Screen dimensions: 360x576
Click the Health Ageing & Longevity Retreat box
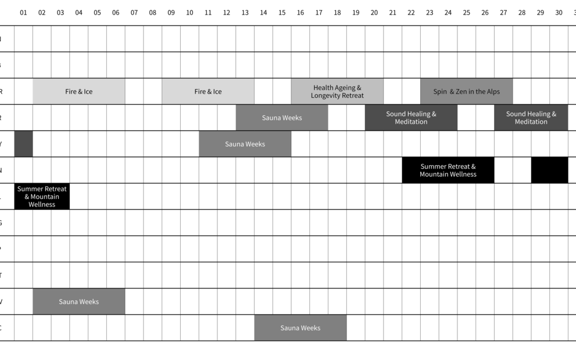tap(337, 91)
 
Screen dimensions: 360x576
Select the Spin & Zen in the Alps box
tap(466, 91)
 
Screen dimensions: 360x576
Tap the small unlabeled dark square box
tap(23, 144)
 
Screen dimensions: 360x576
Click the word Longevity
tap(328, 95)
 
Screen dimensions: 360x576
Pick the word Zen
tap(462, 92)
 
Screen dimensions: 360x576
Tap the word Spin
tap(440, 92)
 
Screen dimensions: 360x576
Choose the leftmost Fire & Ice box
tap(78, 91)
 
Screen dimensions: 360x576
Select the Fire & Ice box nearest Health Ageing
tap(207, 91)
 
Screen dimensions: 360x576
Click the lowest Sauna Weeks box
tap(300, 328)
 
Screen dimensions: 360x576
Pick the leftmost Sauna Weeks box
tap(78, 302)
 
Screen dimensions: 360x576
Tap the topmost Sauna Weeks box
tap(282, 117)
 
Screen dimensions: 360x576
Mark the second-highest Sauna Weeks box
tap(245, 144)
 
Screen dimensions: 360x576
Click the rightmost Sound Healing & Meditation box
tap(531, 117)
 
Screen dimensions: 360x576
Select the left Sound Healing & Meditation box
tap(411, 117)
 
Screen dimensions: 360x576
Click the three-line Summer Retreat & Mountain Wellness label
tap(42, 197)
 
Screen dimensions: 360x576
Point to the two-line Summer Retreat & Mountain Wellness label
tap(448, 170)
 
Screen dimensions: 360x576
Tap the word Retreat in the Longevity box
tap(352, 95)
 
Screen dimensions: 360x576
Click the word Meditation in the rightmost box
tap(531, 122)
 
